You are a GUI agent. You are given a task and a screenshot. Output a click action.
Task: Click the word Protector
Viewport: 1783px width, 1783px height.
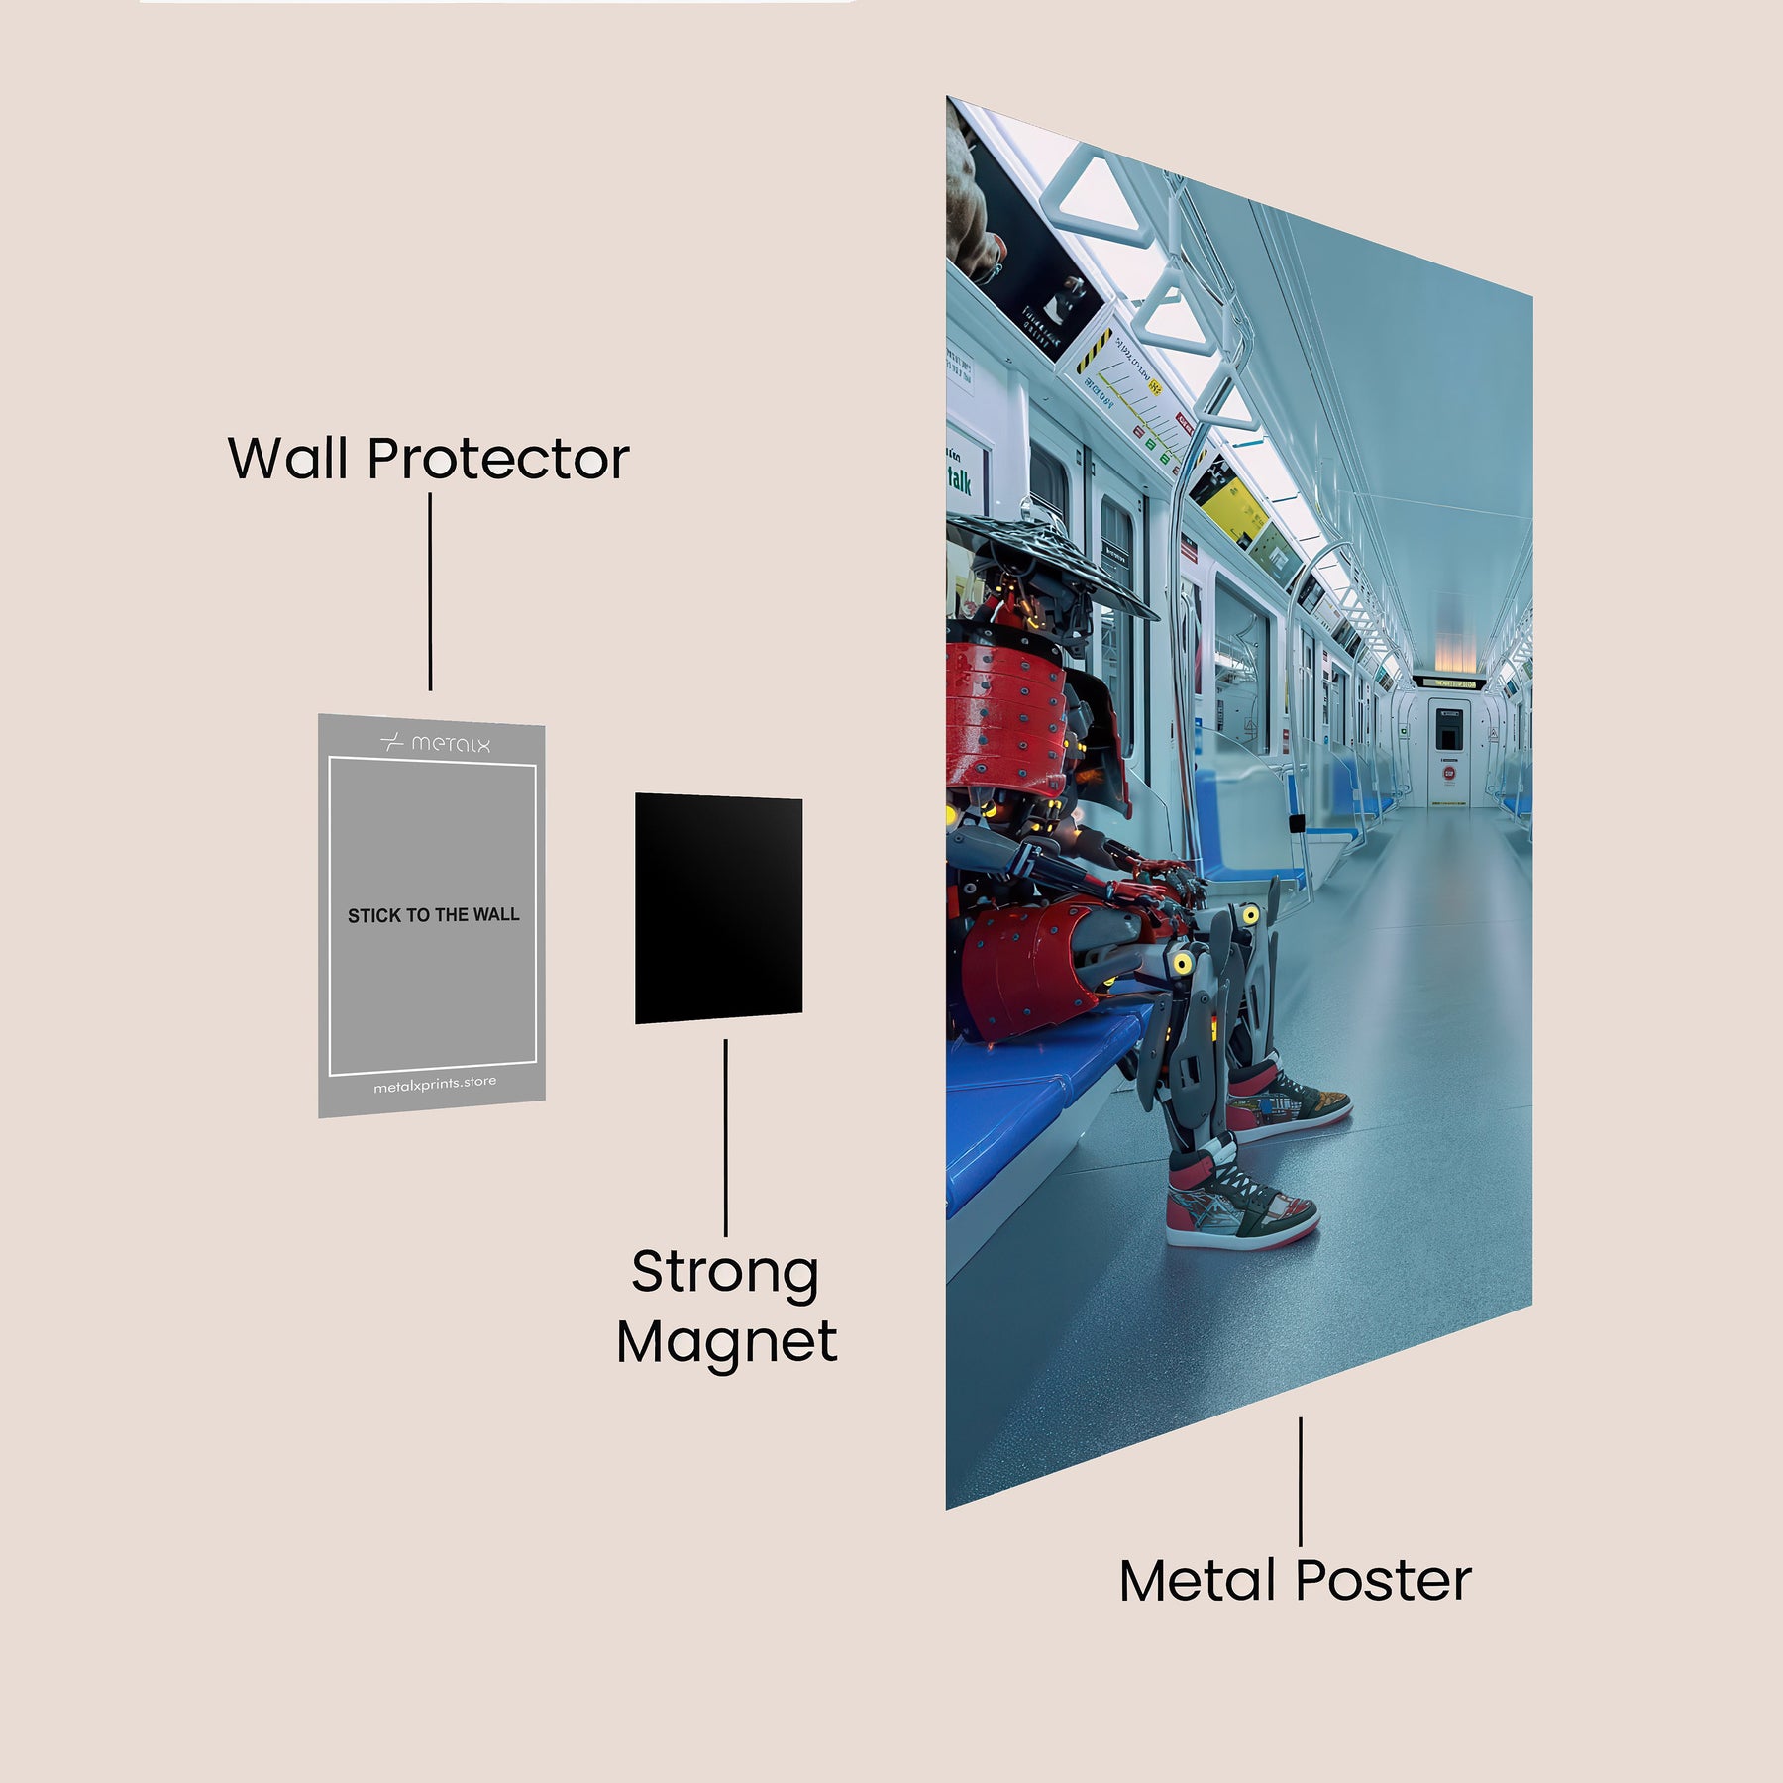click(x=498, y=461)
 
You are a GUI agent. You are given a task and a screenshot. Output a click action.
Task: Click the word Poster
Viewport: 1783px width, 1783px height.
click(x=1383, y=1582)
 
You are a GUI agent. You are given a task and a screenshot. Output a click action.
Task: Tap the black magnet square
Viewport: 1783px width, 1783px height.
click(x=718, y=908)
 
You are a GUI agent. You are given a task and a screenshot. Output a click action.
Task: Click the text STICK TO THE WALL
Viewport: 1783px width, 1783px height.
click(x=433, y=915)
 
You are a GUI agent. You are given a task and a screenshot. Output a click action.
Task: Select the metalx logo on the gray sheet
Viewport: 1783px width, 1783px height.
click(x=435, y=743)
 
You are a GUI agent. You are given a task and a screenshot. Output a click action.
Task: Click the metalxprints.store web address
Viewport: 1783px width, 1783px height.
click(x=435, y=1084)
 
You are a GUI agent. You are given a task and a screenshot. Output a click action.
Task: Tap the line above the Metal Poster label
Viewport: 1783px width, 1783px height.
click(x=1300, y=1481)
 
